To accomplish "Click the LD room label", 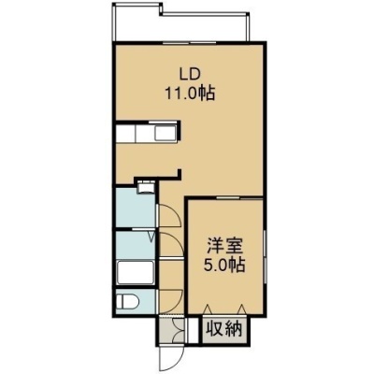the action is [189, 75].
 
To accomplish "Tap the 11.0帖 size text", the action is [190, 93].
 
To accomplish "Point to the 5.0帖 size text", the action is [223, 265].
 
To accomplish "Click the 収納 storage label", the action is [224, 329].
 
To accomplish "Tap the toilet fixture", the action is [127, 302].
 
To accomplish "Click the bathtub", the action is [136, 273].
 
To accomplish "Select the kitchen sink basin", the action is [165, 134].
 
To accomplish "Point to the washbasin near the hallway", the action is [145, 188].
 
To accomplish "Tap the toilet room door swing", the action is [170, 301].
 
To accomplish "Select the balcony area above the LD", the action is [180, 25].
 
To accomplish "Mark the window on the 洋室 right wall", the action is [265, 256].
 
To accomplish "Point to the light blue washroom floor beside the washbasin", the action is [135, 207].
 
